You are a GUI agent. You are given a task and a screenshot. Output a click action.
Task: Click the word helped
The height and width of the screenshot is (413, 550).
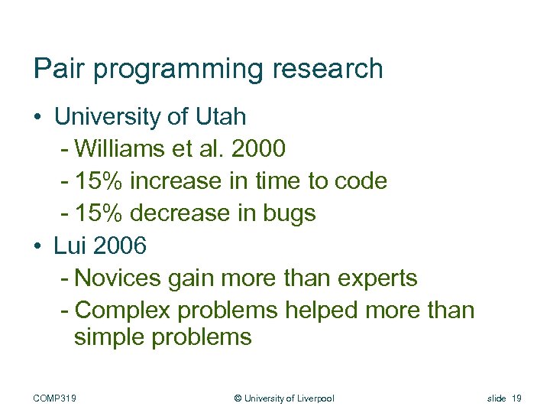322,310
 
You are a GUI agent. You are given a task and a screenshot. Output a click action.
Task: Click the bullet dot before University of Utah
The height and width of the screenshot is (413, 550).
37,118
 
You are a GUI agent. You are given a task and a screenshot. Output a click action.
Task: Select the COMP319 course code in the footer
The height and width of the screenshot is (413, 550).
60,398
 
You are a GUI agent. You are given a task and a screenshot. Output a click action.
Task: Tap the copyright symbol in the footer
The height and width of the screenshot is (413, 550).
238,398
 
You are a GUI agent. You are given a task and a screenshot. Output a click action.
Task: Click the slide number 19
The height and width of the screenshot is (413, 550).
516,398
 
